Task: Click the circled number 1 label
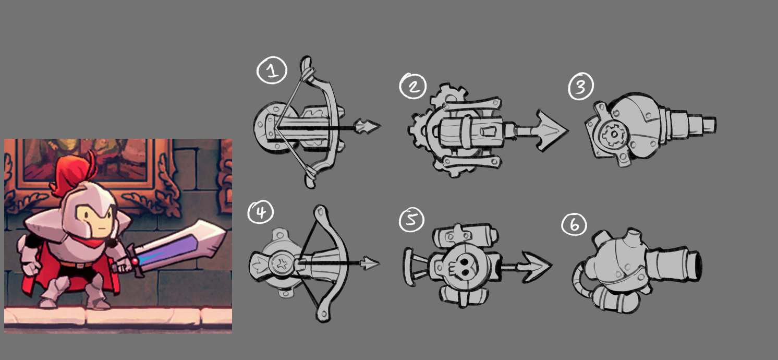272,70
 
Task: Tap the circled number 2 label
412,86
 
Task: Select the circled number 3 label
581,86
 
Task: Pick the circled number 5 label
411,220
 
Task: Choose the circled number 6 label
574,224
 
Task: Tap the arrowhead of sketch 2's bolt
552,130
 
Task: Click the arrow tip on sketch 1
367,126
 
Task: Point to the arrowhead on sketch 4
370,263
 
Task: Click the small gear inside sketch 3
613,134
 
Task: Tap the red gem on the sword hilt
134,261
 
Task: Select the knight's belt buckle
80,266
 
